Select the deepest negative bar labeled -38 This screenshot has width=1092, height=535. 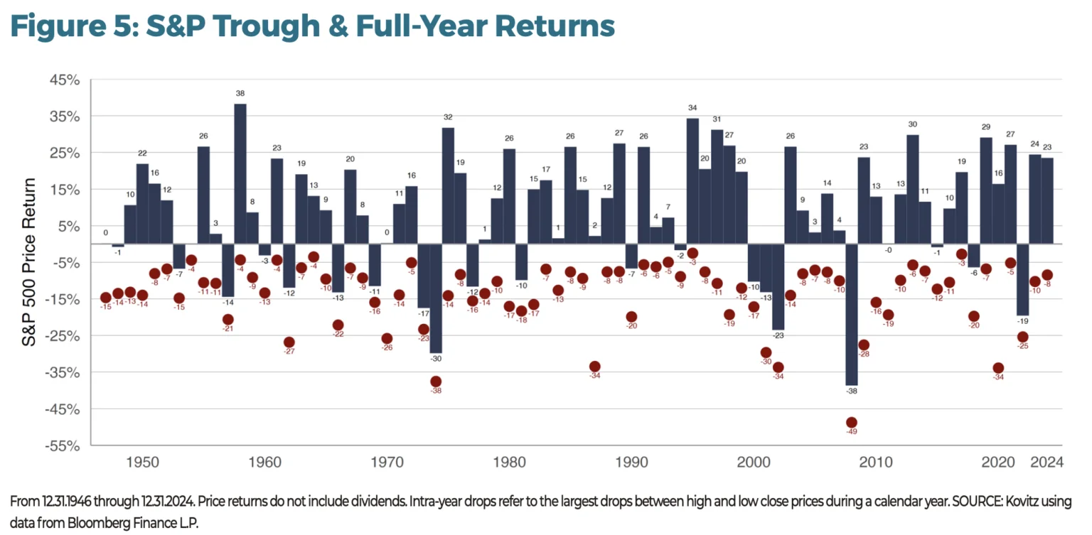coord(851,314)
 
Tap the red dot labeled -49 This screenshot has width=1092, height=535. coord(851,423)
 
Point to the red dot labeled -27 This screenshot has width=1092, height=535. coord(289,342)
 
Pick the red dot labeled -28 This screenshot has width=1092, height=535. coord(863,345)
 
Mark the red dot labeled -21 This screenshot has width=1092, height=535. coord(227,320)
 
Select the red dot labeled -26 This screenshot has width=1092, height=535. coord(387,339)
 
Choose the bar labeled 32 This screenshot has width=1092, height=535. coord(448,185)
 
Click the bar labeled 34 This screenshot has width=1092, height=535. coord(692,180)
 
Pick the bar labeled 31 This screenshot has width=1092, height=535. coord(717,186)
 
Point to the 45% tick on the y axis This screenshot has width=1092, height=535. coord(64,80)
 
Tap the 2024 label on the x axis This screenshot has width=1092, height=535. coord(1046,463)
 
